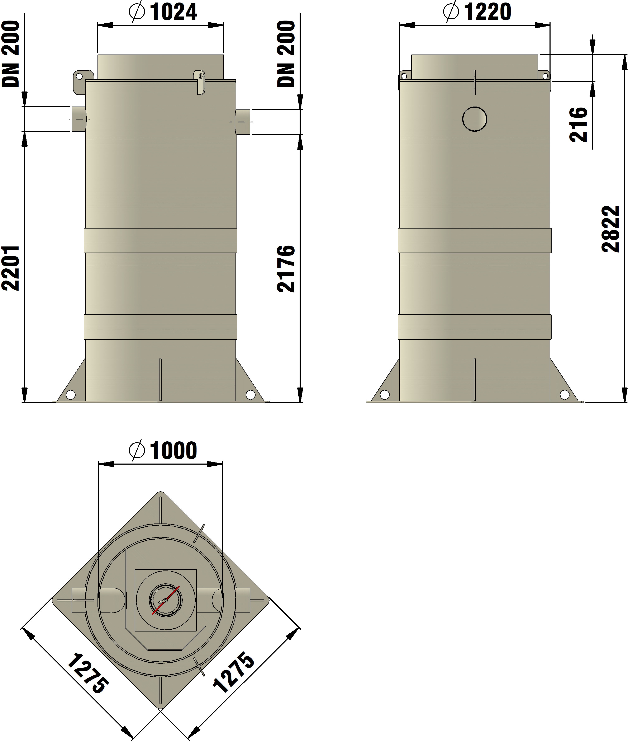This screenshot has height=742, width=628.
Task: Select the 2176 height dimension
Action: pyautogui.click(x=286, y=269)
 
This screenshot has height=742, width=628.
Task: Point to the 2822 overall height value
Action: pyautogui.click(x=611, y=229)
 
